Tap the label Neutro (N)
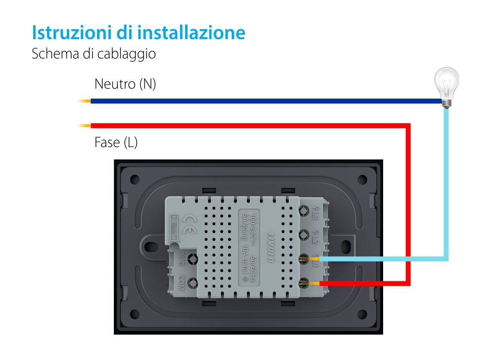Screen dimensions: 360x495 [125, 84]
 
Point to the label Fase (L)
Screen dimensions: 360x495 [116, 143]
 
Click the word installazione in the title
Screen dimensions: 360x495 [192, 33]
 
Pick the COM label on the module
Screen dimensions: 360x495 [182, 283]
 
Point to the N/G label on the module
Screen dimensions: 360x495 [182, 258]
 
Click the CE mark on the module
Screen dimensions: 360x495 [190, 220]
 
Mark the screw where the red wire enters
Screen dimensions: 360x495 [303, 283]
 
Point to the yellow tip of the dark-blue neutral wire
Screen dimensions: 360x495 [84, 102]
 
